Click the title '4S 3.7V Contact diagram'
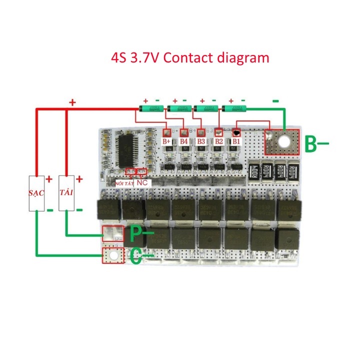click(190, 57)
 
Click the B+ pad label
click(167, 141)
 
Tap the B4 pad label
click(184, 141)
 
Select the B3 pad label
click(201, 141)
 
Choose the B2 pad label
click(218, 141)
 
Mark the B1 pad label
click(236, 141)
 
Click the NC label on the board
click(141, 182)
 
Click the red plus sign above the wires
click(72, 102)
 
